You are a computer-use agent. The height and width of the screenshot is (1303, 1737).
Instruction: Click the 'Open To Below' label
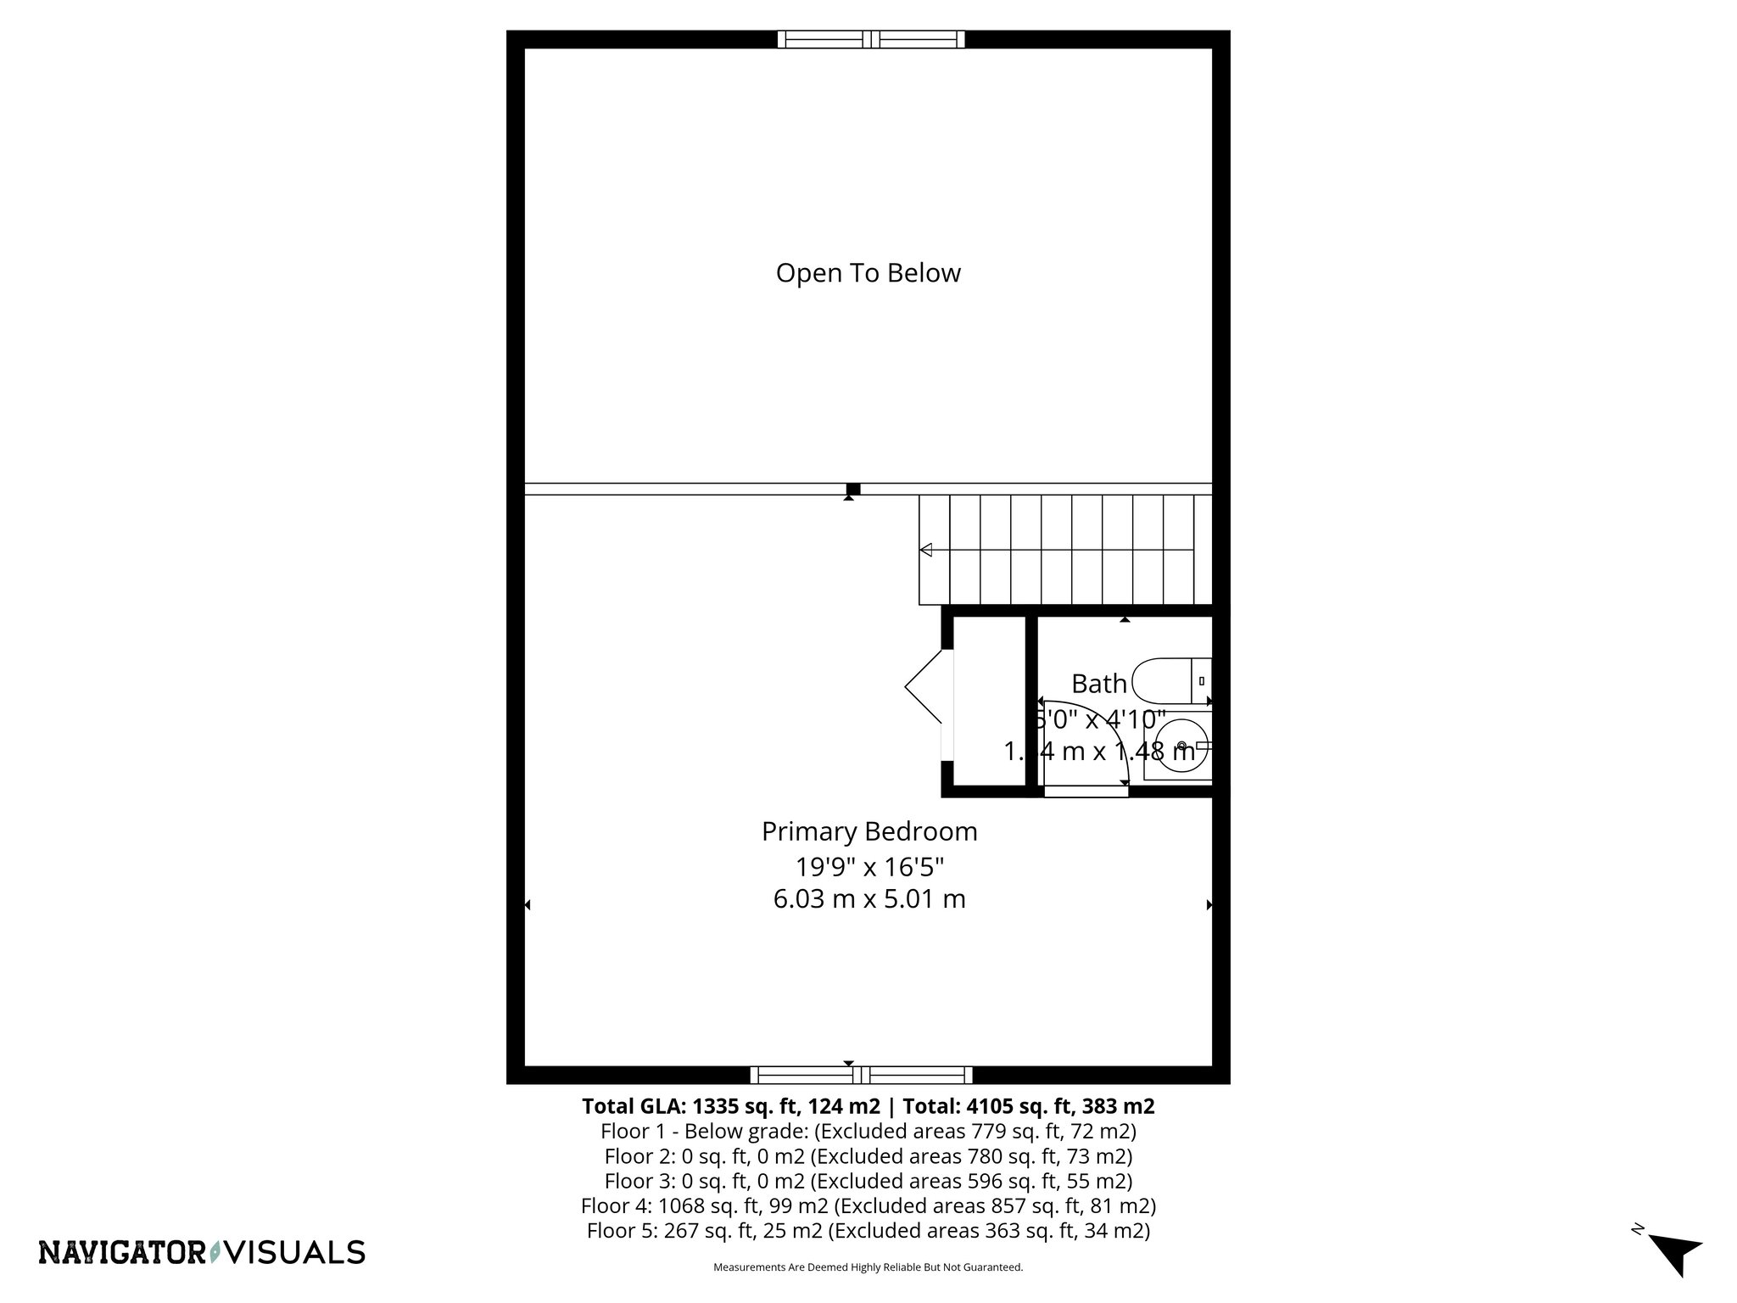(868, 273)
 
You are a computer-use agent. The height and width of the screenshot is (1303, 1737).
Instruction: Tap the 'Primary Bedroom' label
(868, 831)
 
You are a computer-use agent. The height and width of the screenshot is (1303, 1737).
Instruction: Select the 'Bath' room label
(1098, 683)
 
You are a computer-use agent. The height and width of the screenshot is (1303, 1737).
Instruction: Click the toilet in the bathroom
(1170, 680)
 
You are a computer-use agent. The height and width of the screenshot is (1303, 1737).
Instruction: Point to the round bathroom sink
(1181, 746)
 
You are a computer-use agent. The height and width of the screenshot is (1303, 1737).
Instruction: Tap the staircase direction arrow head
(926, 550)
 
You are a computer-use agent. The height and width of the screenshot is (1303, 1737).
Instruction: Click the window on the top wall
(871, 39)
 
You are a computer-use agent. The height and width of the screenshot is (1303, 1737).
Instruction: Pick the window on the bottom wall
(861, 1076)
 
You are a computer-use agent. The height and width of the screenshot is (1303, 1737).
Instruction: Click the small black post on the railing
(853, 489)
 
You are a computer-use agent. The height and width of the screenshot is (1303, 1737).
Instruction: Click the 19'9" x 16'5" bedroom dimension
(868, 867)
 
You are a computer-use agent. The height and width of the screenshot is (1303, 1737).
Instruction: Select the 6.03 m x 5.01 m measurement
(868, 899)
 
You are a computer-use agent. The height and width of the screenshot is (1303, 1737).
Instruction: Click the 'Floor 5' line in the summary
(868, 1230)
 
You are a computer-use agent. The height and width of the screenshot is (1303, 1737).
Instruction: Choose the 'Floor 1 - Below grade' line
(868, 1131)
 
